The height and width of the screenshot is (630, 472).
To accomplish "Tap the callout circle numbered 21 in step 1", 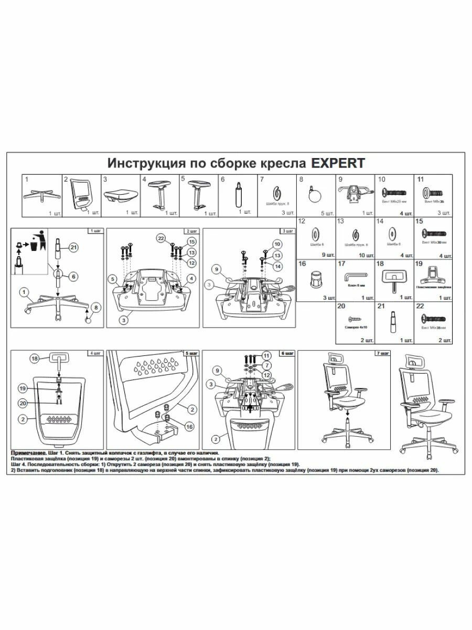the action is tap(73, 247).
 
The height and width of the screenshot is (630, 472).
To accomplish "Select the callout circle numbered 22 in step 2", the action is tap(161, 238).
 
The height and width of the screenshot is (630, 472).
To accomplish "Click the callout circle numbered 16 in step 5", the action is tap(189, 427).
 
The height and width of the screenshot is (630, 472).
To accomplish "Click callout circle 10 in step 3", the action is tap(277, 244).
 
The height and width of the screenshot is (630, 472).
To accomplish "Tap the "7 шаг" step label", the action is tap(382, 353).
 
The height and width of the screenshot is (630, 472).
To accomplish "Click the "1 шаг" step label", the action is tap(94, 231).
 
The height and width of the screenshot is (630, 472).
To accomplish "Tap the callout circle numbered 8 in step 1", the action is tap(95, 307).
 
